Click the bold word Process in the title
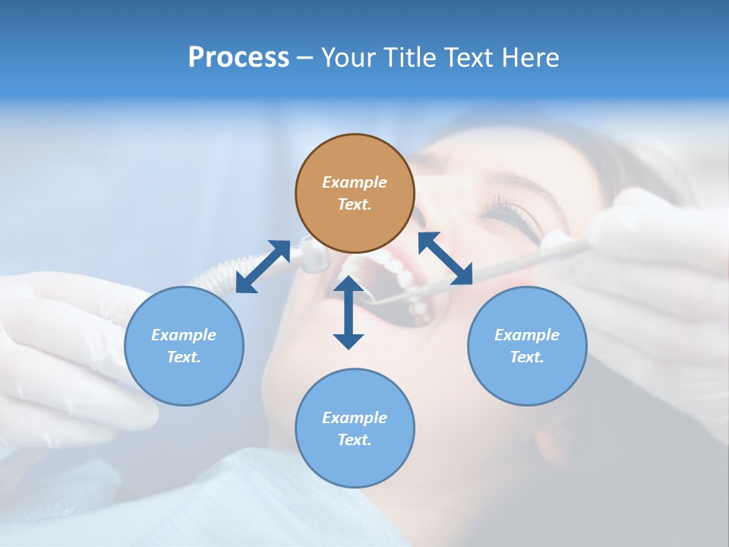point(238,58)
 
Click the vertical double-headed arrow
point(349,312)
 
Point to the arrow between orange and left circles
point(263,267)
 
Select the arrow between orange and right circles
point(445,258)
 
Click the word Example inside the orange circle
point(355,182)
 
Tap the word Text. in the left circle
point(184,357)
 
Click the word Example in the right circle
point(527,335)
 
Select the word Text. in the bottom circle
point(355,440)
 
